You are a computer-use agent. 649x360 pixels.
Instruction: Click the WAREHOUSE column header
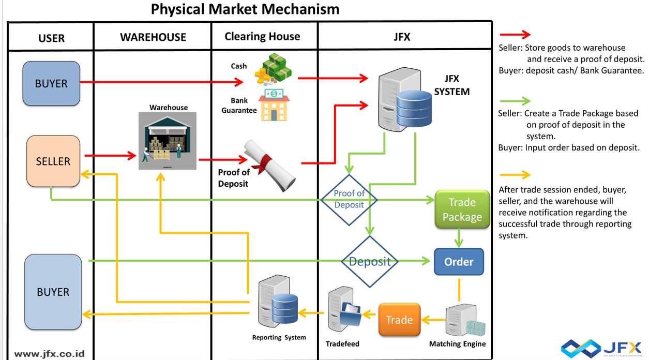(x=153, y=37)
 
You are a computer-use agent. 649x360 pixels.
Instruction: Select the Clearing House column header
(x=262, y=36)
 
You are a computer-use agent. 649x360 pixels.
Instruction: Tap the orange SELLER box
(x=53, y=161)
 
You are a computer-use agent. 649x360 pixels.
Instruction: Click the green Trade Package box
(x=462, y=209)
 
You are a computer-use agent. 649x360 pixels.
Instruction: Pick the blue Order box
(x=459, y=262)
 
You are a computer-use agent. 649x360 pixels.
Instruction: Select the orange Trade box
(x=399, y=320)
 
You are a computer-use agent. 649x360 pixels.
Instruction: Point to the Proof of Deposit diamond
(x=349, y=199)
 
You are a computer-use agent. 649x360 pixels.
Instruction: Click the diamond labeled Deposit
(x=370, y=262)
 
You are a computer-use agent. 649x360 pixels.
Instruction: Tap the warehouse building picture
(x=168, y=141)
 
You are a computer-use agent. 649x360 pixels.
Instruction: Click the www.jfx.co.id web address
(x=49, y=354)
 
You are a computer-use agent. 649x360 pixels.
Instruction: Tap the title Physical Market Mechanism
(x=245, y=9)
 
